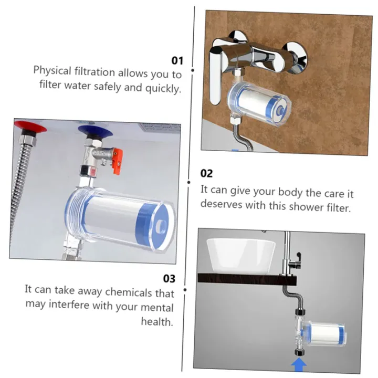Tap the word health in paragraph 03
coord(156,321)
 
